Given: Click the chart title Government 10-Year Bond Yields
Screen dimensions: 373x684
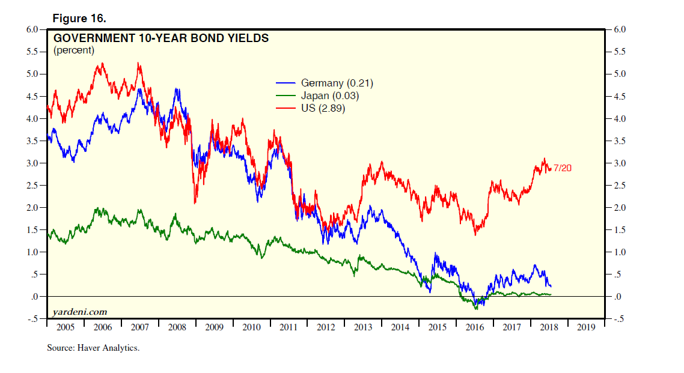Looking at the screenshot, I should [x=161, y=38].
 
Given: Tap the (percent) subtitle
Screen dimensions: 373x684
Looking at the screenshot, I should [x=74, y=50].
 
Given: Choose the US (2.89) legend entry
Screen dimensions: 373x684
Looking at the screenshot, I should [x=323, y=109].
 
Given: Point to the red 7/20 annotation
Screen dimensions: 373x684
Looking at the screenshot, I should [x=562, y=168].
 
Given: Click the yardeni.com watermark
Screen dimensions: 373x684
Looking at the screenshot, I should [x=80, y=312].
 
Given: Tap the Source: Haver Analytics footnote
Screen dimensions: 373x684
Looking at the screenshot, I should [x=93, y=348].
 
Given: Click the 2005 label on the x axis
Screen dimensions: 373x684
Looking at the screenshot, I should [x=66, y=327].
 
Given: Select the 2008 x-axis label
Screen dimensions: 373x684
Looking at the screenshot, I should [x=177, y=327].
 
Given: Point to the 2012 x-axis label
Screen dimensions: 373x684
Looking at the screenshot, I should [x=326, y=327].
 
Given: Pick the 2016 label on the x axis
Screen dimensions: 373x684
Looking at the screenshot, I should [x=475, y=327].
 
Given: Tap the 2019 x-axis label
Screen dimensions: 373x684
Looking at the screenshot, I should [x=586, y=327].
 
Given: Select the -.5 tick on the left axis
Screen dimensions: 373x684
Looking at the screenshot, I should [x=32, y=319].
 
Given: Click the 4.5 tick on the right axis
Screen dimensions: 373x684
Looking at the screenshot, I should [x=618, y=96].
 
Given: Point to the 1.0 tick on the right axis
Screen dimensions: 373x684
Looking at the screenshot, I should [x=618, y=252].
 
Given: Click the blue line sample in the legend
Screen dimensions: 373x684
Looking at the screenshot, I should [x=286, y=83].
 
